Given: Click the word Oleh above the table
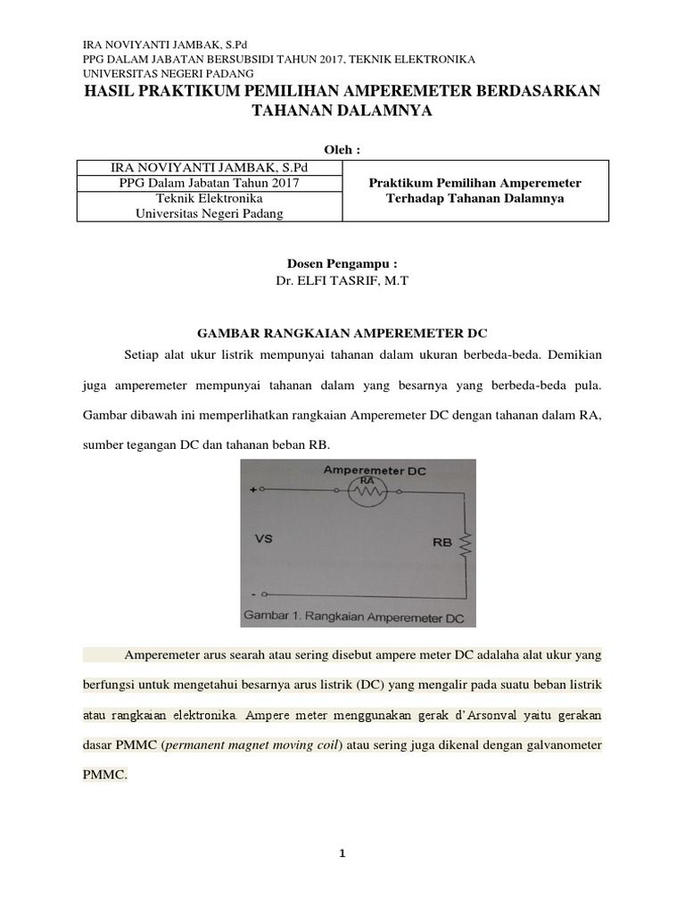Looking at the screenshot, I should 342,148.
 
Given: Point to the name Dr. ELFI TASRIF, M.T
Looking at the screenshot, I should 342,280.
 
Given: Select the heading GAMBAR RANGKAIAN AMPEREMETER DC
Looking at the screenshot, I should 342,330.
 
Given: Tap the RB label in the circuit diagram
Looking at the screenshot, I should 442,541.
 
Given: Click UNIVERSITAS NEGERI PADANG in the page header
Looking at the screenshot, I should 168,72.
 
